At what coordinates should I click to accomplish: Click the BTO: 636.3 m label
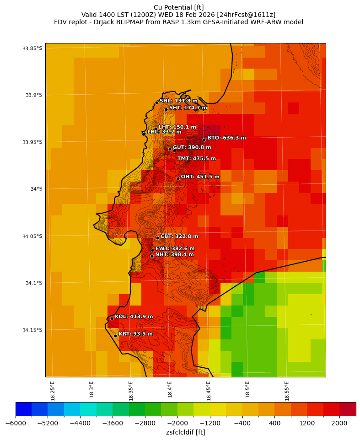pyautogui.click(x=226, y=138)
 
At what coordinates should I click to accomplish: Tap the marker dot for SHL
pyautogui.click(x=156, y=102)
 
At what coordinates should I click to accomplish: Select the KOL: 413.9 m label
pyautogui.click(x=134, y=317)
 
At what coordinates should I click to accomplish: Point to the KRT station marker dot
pyautogui.click(x=115, y=336)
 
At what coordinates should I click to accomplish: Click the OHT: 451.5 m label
pyautogui.click(x=200, y=177)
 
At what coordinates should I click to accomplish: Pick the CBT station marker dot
pyautogui.click(x=157, y=238)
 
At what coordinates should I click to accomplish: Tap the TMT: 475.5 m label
pyautogui.click(x=196, y=158)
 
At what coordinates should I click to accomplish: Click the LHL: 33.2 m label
pyautogui.click(x=164, y=132)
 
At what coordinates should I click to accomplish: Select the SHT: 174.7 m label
pyautogui.click(x=188, y=107)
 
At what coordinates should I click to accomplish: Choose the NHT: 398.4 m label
pyautogui.click(x=174, y=254)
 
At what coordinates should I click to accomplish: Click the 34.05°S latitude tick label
pyautogui.click(x=32, y=236)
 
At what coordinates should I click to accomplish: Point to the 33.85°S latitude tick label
pyautogui.click(x=32, y=48)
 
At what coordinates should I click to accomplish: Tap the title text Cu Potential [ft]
pyautogui.click(x=178, y=7)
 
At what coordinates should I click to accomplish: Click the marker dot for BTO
pyautogui.click(x=204, y=140)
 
